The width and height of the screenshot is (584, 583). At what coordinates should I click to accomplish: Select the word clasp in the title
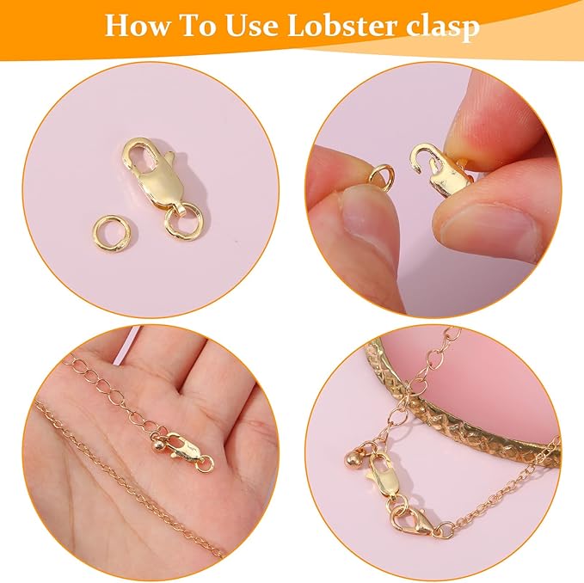[x=446, y=27]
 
